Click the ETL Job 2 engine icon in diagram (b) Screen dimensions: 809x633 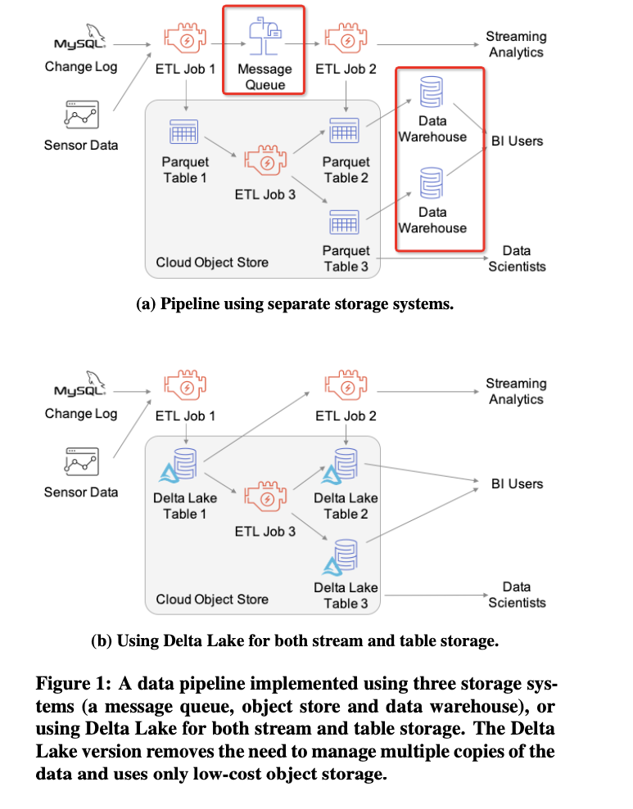[346, 384]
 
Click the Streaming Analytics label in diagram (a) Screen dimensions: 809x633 [516, 44]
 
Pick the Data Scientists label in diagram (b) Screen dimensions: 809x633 [517, 595]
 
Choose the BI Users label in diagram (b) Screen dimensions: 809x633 [517, 484]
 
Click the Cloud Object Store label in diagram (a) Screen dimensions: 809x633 [212, 263]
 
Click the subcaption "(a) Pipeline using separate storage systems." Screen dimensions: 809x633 [294, 304]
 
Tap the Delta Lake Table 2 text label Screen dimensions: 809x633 [346, 506]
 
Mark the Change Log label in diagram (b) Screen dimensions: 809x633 [81, 413]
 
